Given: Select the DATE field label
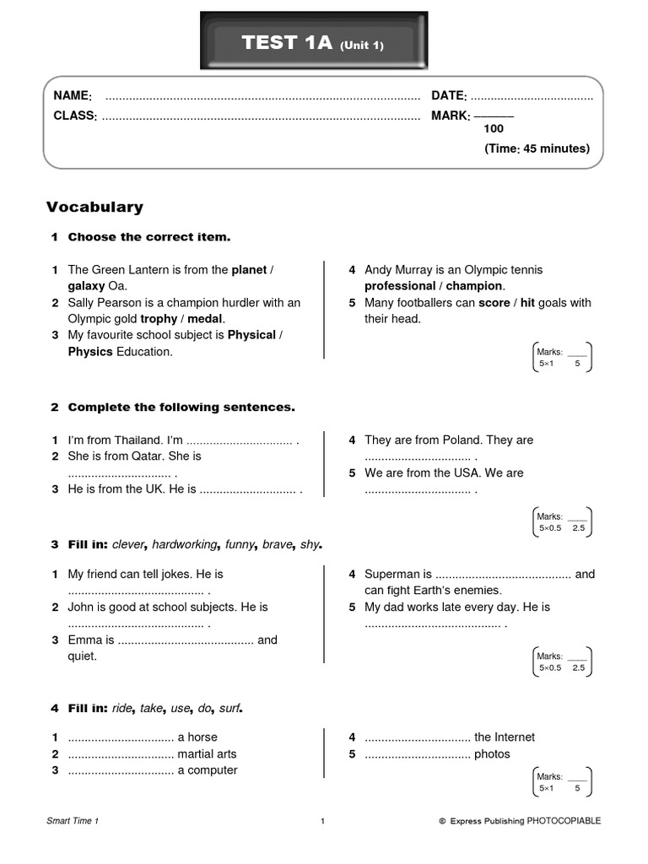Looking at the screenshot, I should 449,96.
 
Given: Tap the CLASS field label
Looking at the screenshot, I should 75,116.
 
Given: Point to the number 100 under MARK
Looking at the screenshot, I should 494,129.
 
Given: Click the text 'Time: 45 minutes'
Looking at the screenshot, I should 537,148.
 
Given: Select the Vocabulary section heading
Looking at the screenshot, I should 94,207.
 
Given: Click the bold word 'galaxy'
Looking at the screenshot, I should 86,286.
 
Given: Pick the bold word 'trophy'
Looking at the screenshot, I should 159,319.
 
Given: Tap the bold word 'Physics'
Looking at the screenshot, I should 90,352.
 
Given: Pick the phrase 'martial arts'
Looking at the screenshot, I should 207,754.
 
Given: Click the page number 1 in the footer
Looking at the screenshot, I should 323,821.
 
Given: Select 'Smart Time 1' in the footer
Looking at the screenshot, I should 73,821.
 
